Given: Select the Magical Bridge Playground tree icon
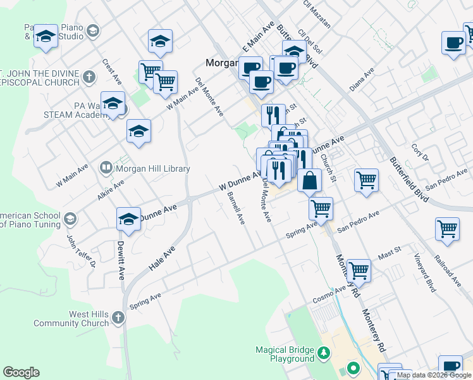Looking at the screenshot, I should point(324,352).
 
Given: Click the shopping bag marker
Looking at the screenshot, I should point(309,180).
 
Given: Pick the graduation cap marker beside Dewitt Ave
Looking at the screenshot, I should point(128,219).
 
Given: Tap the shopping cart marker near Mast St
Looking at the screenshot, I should point(359,270).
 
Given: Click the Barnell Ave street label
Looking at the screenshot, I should point(236,208).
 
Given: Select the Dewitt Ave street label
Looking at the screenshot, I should point(121,260).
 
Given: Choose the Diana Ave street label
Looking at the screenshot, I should point(362,80).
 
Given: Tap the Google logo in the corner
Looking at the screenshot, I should point(21,372).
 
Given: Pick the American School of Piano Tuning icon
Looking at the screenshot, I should point(70,219).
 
